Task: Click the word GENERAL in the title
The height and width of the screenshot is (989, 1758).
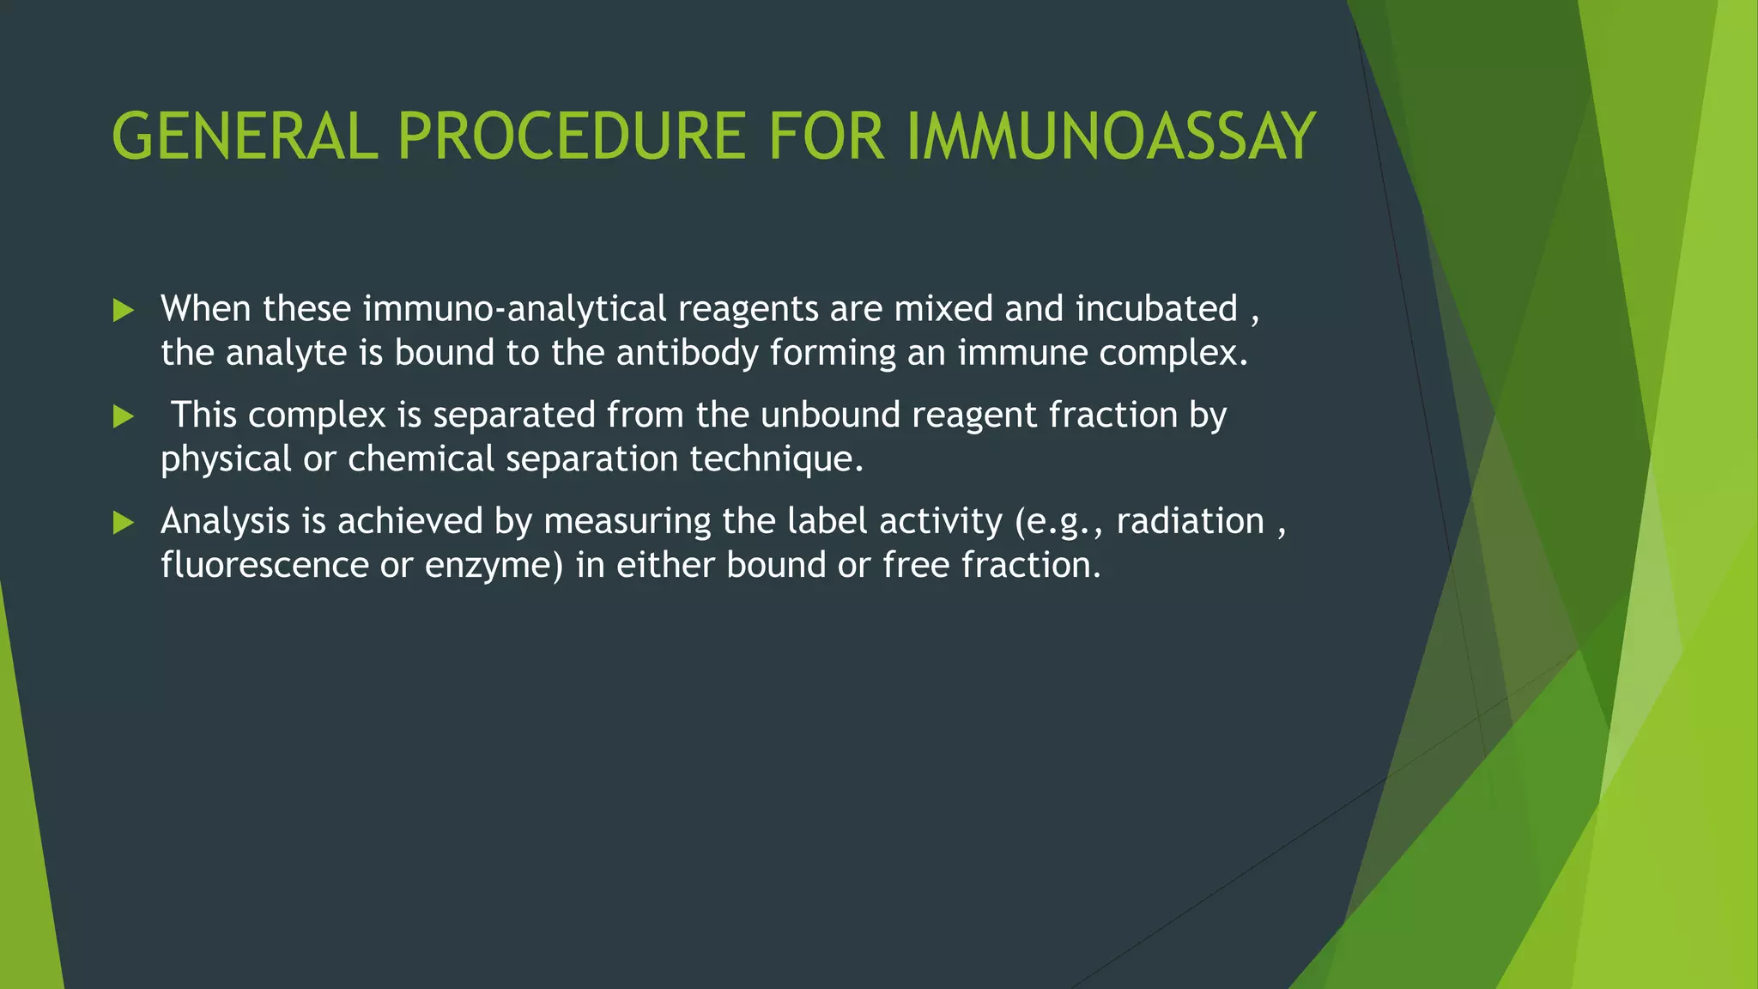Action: pyautogui.click(x=245, y=137)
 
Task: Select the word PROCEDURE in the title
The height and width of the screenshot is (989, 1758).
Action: pyautogui.click(x=571, y=137)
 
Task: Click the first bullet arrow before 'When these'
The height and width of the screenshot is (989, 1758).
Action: pyautogui.click(x=124, y=311)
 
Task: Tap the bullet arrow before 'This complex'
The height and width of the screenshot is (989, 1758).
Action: pyautogui.click(x=124, y=417)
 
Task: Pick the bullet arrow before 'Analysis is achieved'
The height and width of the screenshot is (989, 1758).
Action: pyautogui.click(x=124, y=523)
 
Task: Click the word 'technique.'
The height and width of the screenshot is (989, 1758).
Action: pyautogui.click(x=776, y=459)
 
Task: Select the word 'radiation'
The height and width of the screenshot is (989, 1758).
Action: pyautogui.click(x=1190, y=522)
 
